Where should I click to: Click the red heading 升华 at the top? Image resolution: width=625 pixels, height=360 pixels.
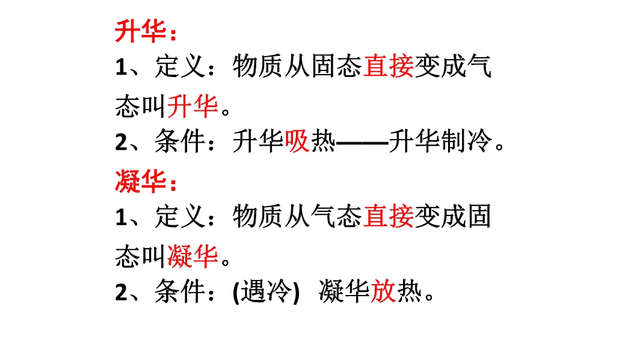[x=140, y=31]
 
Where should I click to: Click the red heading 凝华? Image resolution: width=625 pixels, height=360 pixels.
[x=140, y=181]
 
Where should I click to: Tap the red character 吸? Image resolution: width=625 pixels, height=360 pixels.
[x=297, y=141]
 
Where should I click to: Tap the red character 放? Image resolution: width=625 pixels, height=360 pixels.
[x=383, y=291]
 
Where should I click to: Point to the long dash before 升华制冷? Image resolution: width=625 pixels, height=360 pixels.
[x=362, y=142]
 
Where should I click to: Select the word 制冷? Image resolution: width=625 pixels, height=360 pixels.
[x=467, y=141]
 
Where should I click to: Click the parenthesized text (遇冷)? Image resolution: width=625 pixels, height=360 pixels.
[x=266, y=291]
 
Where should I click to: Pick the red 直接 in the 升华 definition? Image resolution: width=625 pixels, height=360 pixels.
[x=388, y=66]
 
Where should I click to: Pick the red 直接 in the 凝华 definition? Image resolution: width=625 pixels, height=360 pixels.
[x=388, y=216]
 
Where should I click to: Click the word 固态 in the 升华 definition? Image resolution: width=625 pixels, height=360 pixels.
[x=336, y=66]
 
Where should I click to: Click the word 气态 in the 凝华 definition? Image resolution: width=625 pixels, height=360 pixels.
[x=336, y=216]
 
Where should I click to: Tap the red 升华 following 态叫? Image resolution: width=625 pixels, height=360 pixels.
[x=192, y=106]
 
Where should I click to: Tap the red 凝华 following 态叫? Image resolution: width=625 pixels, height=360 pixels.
[x=192, y=256]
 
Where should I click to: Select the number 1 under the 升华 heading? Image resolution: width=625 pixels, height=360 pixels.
[x=121, y=67]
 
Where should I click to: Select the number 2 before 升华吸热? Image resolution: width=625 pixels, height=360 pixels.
[x=121, y=141]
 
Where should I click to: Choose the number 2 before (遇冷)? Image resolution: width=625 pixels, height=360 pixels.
[x=121, y=292]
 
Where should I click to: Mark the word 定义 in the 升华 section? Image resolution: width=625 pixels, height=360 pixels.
[x=180, y=66]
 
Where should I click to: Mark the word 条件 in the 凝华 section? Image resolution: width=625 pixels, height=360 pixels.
[x=180, y=291]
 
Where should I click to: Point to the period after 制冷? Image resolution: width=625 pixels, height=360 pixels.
[x=500, y=146]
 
